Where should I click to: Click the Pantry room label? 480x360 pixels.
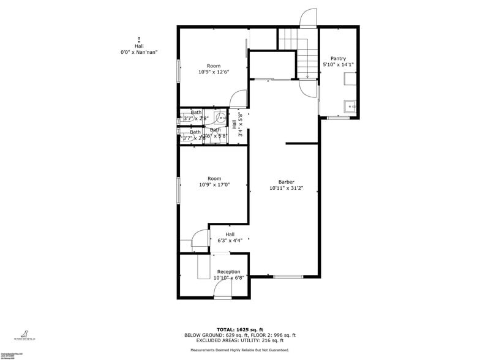338,59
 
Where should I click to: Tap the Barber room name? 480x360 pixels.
286,182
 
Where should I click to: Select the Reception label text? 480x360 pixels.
228,272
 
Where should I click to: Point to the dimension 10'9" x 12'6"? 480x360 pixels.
214,72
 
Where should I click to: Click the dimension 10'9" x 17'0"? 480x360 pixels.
214,185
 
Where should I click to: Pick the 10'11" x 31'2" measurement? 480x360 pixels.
286,189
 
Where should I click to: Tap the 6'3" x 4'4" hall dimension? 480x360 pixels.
230,241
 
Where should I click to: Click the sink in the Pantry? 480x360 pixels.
350,107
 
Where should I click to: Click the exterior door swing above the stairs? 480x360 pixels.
308,19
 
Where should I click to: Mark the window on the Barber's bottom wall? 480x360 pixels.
288,277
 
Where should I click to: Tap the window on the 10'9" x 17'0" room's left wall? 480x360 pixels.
178,190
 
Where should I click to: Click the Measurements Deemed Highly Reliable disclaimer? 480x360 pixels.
239,350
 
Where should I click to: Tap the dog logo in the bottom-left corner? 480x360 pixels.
25,334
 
